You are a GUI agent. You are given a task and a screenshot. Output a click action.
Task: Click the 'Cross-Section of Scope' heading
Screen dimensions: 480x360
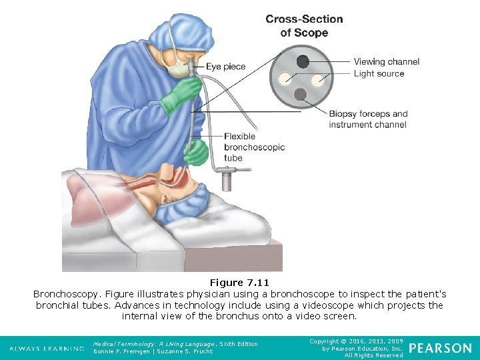[x=304, y=26]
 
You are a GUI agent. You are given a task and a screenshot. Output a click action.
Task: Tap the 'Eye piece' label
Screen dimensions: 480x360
[x=225, y=67]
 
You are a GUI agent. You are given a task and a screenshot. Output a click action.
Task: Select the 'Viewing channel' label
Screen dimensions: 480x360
[x=387, y=61]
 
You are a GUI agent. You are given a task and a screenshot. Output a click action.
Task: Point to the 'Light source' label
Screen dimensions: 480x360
[x=379, y=73]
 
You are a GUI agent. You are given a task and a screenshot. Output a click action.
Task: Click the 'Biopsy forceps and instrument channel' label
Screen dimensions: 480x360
[x=368, y=119]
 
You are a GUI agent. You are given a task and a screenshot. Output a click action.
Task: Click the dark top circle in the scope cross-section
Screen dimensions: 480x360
[x=303, y=61]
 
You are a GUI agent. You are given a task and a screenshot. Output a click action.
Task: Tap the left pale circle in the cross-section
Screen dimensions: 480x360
[x=286, y=79]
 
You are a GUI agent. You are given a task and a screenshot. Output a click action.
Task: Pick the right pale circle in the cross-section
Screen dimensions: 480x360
[x=319, y=79]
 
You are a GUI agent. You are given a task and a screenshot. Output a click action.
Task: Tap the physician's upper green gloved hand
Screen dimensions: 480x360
[x=179, y=95]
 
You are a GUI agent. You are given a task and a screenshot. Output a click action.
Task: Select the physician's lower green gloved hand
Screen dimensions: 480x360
[x=196, y=153]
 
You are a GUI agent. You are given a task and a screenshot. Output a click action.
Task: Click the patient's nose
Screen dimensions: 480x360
[x=193, y=181]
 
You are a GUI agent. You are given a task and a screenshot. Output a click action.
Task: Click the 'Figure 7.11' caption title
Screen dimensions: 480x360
[x=239, y=283]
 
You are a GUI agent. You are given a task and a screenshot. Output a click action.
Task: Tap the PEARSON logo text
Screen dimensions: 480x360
[x=440, y=349]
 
